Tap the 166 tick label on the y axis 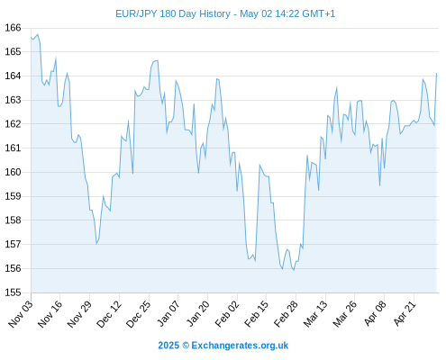13,28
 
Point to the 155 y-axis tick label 13,292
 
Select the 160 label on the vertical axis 13,172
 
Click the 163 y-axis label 13,100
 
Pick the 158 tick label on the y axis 13,220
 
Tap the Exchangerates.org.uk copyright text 223,346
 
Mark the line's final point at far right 436,73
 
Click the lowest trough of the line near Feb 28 294,270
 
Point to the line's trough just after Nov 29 96,244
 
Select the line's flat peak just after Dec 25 155,61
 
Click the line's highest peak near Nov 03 38,34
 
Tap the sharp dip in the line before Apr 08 379,185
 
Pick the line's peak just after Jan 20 217,79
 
